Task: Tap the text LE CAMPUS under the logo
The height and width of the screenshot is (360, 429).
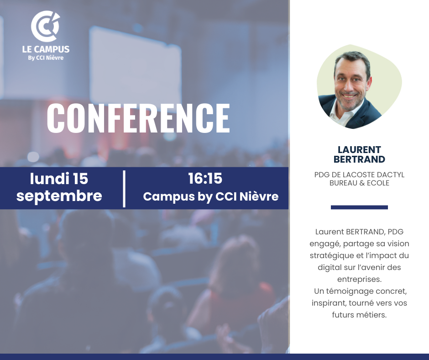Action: coord(46,49)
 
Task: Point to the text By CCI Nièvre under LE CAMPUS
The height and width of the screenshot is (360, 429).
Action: coord(46,58)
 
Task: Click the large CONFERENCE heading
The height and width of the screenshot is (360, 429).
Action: coord(138,118)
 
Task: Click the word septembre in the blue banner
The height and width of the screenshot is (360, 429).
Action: coord(59,196)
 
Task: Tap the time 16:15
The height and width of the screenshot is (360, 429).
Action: coord(205,178)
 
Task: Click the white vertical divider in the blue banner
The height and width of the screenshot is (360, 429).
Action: coord(124,189)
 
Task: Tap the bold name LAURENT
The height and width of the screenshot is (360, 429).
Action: coord(359,150)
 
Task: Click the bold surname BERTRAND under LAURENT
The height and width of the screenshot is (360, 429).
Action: coord(359,159)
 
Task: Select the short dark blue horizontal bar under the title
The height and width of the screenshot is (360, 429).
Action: coord(359,207)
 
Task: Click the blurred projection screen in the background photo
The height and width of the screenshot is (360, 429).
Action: coord(135,65)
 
